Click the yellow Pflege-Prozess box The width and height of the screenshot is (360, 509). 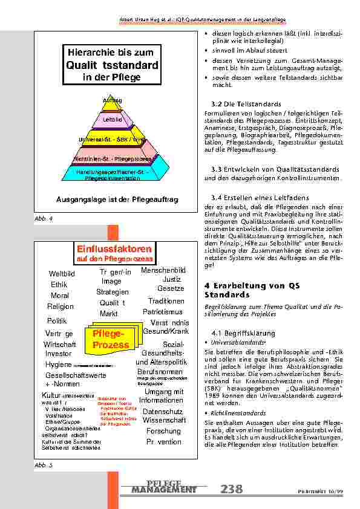click(111, 340)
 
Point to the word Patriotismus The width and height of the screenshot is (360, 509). click(163, 311)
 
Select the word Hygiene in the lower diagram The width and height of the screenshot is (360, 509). click(58, 365)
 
